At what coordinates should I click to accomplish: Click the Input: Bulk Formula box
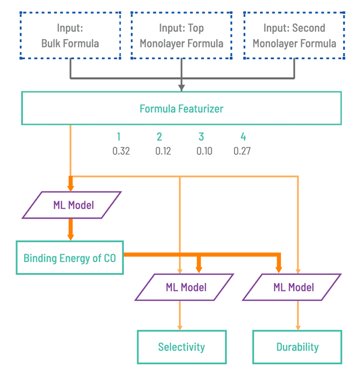70,35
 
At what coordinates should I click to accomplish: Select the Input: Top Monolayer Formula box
182,35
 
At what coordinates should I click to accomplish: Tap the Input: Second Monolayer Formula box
294,35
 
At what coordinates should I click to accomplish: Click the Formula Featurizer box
181,109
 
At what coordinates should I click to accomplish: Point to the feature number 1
119,137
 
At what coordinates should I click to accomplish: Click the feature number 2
159,137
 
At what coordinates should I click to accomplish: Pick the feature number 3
201,137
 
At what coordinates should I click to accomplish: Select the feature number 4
243,137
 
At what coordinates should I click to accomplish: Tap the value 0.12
163,151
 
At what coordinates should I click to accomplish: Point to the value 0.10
204,151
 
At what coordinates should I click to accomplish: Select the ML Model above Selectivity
185,287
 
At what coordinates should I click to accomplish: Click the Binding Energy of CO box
69,258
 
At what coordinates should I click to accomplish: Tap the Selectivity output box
182,347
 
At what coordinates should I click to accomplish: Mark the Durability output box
297,347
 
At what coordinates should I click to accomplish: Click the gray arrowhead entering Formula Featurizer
182,88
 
